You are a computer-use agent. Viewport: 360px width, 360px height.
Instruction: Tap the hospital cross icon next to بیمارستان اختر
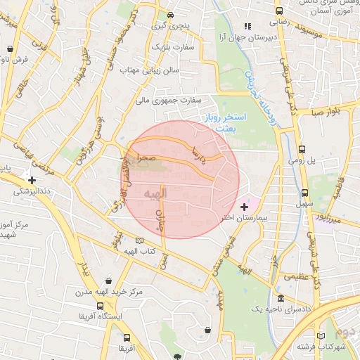[x=244, y=207]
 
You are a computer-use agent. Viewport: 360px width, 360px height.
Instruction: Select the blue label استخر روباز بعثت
[x=224, y=121]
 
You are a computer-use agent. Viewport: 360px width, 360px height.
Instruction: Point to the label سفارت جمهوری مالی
[x=174, y=101]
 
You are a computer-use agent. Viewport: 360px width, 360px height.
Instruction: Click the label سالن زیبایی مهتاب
[x=150, y=70]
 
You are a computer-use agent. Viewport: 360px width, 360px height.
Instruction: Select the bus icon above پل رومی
[x=302, y=150]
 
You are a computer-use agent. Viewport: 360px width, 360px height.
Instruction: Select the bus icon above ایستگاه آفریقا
[x=100, y=307]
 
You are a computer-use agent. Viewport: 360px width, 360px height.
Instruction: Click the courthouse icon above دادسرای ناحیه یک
[x=281, y=299]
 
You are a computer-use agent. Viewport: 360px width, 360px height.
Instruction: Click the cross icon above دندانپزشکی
[x=32, y=179]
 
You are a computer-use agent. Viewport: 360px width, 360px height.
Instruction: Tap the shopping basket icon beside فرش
[x=10, y=49]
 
